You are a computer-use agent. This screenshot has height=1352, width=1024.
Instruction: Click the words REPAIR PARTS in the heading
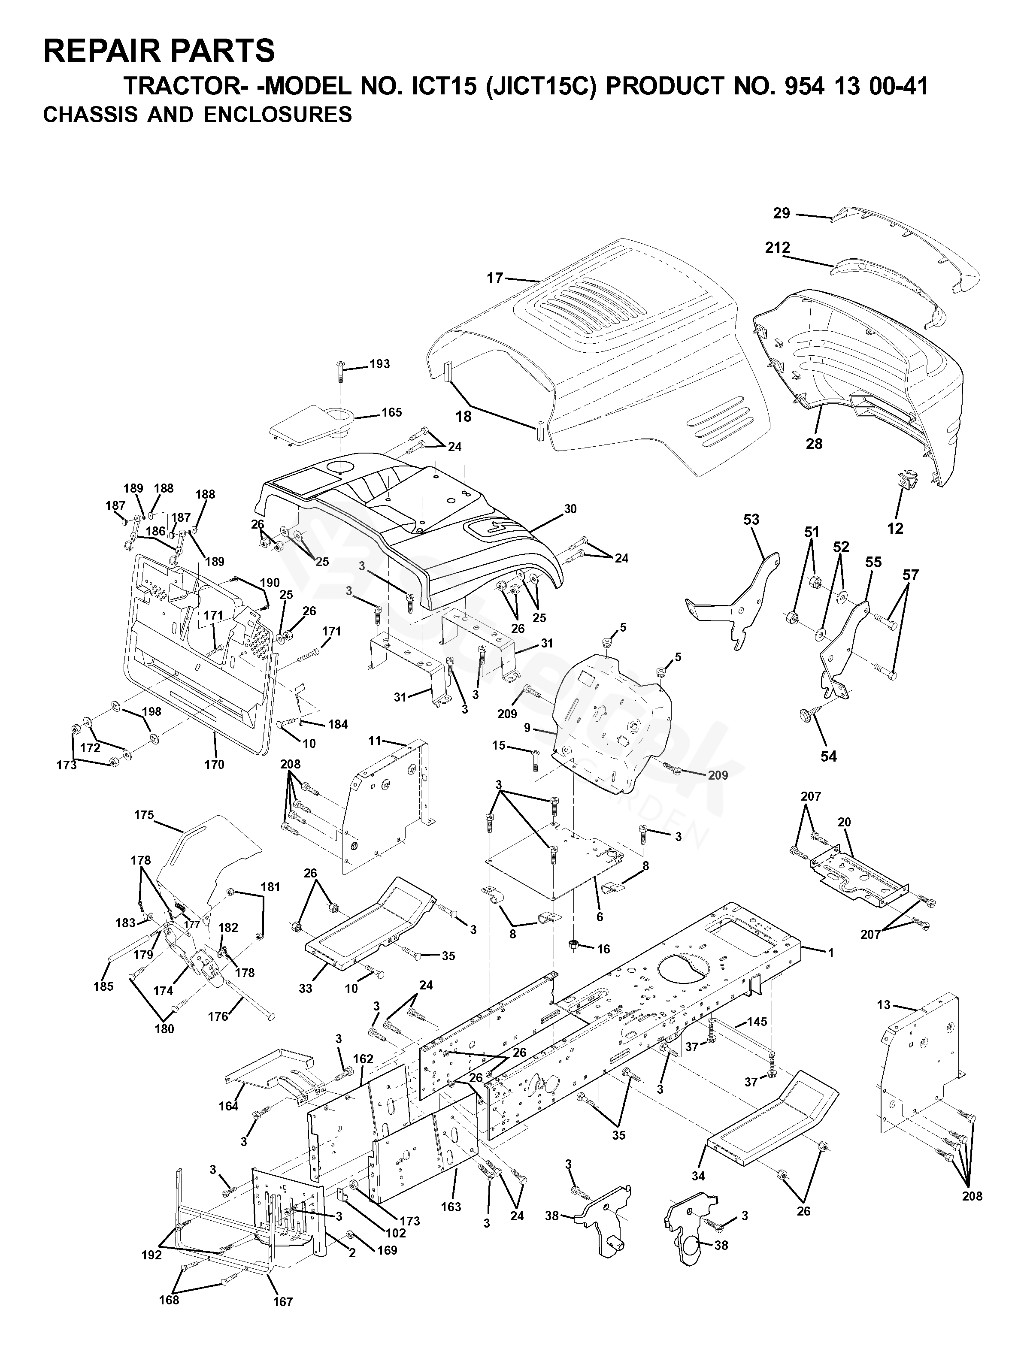pos(159,51)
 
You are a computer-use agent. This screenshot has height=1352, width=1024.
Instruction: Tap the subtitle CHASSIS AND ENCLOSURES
pos(197,115)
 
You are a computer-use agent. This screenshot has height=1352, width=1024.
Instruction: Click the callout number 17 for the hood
pos(494,278)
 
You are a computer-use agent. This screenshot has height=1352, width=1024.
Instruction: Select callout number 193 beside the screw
pos(380,364)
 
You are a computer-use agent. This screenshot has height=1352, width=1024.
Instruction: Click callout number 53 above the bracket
pos(751,520)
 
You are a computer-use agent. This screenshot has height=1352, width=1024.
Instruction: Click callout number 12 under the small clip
pos(895,529)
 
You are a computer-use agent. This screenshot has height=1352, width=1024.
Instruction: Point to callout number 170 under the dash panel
pos(215,765)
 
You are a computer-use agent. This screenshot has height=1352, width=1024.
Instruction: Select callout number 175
pos(144,815)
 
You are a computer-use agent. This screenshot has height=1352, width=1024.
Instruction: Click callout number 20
pos(844,822)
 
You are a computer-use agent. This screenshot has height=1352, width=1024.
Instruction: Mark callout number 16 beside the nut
pos(603,949)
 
